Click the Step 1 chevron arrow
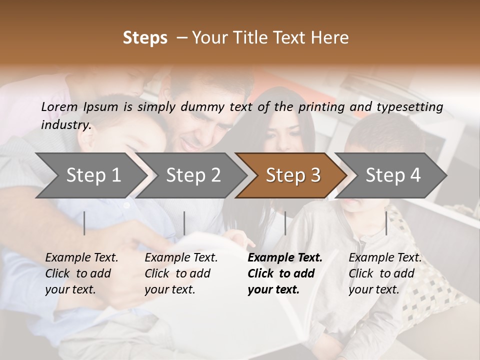click(93, 175)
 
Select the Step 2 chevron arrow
click(193, 175)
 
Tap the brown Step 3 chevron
click(293, 175)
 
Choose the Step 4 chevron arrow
click(393, 175)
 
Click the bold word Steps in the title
click(145, 38)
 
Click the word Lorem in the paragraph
click(59, 106)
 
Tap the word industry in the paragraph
click(65, 124)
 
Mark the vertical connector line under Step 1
click(84, 223)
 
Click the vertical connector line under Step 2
click(184, 223)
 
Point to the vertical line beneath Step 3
click(285, 223)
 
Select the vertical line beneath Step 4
click(386, 223)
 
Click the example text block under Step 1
click(81, 273)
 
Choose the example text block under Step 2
click(181, 273)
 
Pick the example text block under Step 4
click(385, 273)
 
